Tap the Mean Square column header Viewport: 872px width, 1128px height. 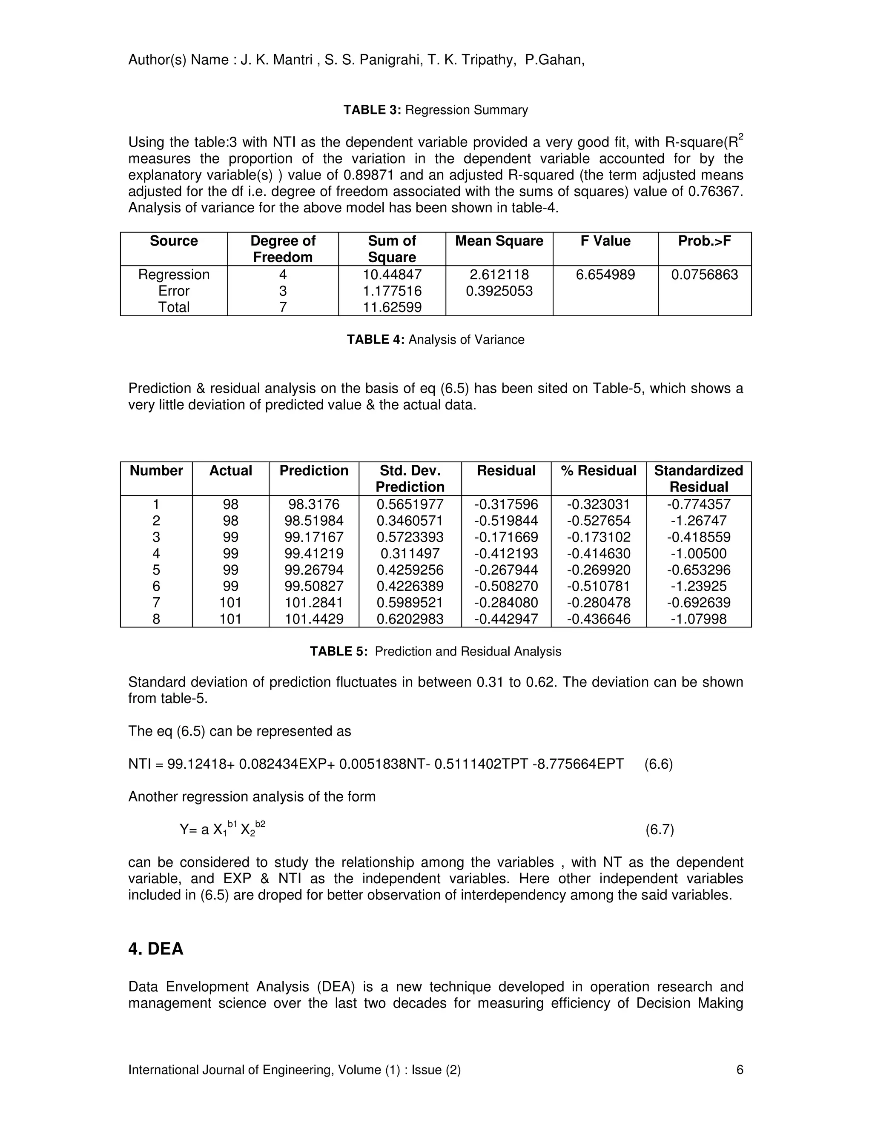[499, 241]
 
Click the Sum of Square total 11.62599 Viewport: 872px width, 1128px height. [392, 307]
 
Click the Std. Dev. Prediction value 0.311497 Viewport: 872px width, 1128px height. [410, 554]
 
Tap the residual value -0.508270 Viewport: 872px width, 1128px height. [506, 586]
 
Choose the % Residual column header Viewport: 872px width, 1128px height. [598, 470]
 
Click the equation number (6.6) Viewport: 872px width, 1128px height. [658, 764]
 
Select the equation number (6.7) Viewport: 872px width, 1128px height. [659, 830]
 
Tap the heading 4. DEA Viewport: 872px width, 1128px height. [155, 949]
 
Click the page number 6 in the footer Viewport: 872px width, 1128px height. [739, 1070]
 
